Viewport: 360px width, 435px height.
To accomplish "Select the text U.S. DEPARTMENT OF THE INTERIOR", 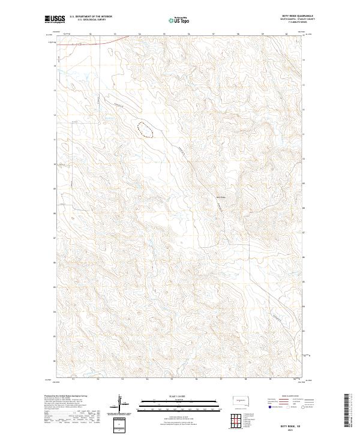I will pos(91,17).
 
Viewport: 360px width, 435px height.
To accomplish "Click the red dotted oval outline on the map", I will pos(145,130).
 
